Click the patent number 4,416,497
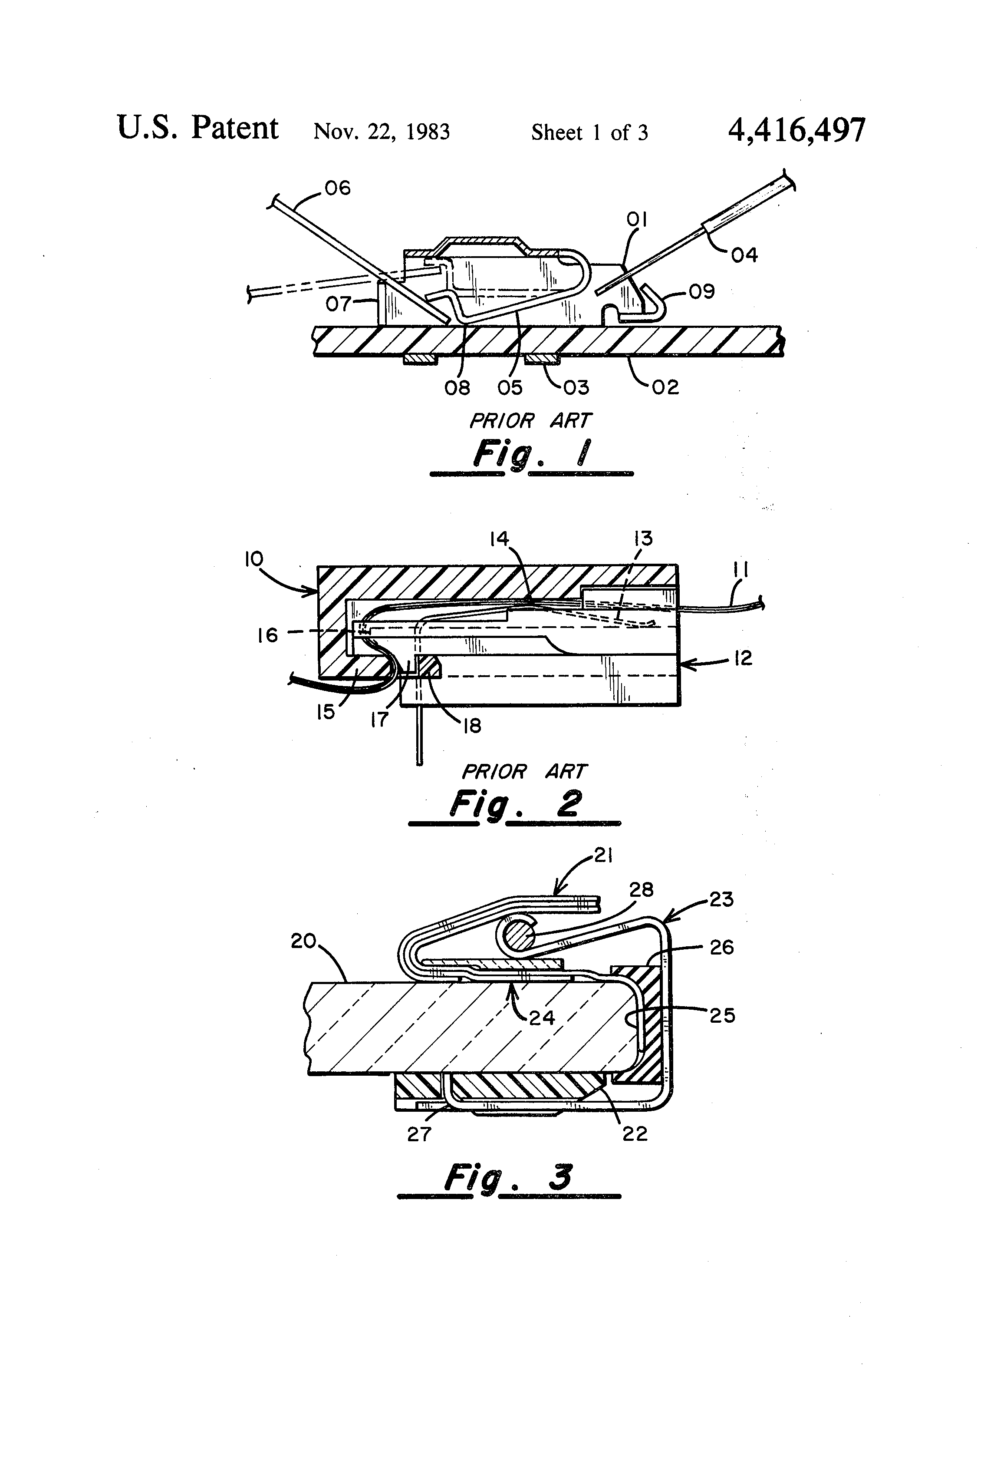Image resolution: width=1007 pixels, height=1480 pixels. pyautogui.click(x=796, y=131)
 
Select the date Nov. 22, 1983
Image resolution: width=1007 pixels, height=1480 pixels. pyautogui.click(x=382, y=132)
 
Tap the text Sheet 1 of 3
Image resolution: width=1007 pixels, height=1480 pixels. pyautogui.click(x=589, y=132)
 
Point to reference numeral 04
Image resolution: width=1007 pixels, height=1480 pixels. pyautogui.click(x=744, y=255)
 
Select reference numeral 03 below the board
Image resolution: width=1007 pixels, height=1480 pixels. pyautogui.click(x=576, y=387)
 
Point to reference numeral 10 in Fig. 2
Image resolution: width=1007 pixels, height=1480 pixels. pyautogui.click(x=253, y=559)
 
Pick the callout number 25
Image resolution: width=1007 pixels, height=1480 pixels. pyautogui.click(x=722, y=1015)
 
